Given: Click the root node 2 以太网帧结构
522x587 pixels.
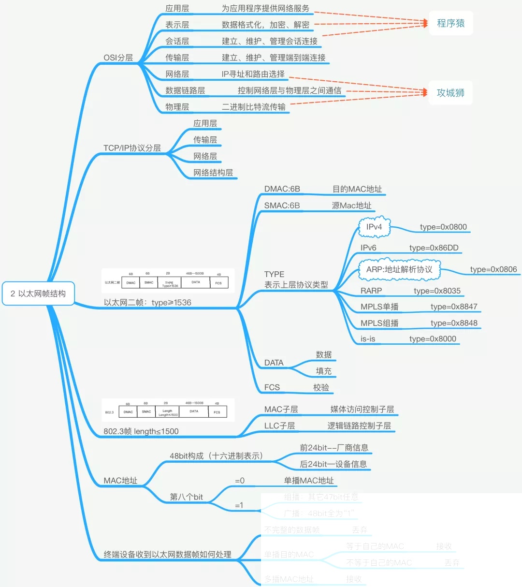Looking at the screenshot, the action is click(x=38, y=293).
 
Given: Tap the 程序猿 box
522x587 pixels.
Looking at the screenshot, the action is click(x=450, y=23).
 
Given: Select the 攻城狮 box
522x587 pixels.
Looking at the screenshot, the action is click(x=450, y=93).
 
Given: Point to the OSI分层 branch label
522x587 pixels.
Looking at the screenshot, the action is click(x=118, y=58).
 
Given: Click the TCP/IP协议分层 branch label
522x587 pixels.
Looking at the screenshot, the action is click(x=132, y=148).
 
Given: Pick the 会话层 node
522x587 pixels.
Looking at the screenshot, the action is click(x=177, y=41).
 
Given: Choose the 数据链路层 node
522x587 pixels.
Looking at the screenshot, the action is click(x=185, y=90).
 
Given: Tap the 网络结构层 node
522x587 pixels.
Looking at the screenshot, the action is click(x=213, y=173).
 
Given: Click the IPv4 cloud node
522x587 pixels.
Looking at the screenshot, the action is click(x=374, y=227).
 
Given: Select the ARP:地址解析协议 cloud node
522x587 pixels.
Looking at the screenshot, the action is click(x=399, y=269).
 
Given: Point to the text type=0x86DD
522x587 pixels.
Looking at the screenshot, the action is click(x=434, y=248).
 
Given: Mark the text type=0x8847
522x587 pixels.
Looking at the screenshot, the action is click(x=454, y=307).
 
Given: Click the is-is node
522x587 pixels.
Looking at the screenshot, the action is click(x=368, y=339).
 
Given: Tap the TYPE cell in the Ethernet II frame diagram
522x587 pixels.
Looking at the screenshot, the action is click(x=169, y=284).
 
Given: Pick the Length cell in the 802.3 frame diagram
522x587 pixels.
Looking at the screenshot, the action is click(x=168, y=412).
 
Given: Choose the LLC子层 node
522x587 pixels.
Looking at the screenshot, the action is click(x=279, y=426).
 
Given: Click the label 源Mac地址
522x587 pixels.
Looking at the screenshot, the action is click(x=351, y=205).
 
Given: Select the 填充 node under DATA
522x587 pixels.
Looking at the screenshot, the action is click(x=323, y=371).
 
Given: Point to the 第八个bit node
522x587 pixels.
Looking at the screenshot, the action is click(x=186, y=497).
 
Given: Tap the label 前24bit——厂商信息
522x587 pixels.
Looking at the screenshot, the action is click(x=334, y=448).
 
